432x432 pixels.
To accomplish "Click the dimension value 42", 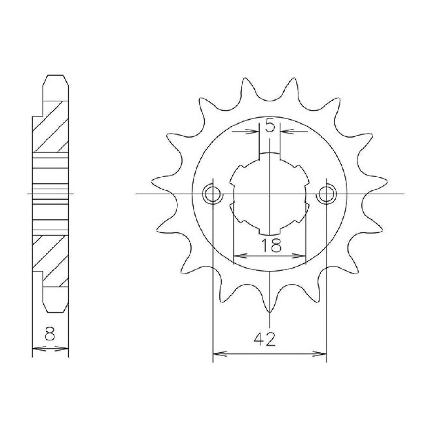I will (265, 340).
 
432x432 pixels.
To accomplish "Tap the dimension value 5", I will (270, 126).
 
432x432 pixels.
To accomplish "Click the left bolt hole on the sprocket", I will (212, 194).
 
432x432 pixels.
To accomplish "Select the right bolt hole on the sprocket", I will (326, 194).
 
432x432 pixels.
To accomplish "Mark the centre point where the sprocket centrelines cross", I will (270, 194).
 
